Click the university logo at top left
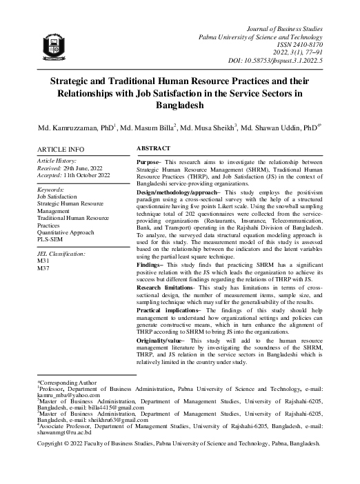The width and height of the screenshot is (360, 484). point(54,46)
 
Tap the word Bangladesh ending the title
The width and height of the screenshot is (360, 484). point(179,106)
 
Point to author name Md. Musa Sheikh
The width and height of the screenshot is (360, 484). point(225,128)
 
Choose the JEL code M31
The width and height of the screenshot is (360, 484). point(43,262)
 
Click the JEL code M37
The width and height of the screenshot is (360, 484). point(43,270)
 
